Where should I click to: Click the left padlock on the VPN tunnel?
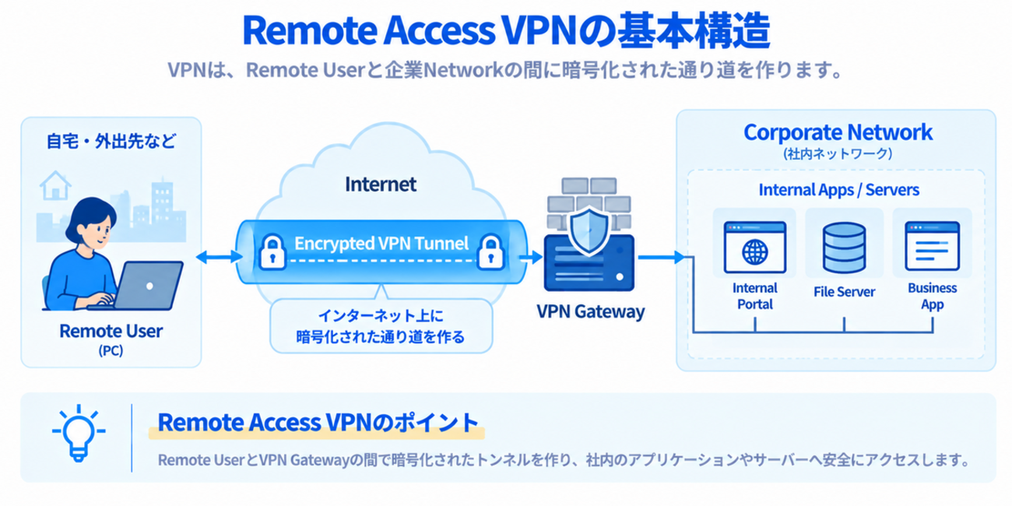tap(272, 251)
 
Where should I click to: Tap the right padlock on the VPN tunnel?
tap(490, 251)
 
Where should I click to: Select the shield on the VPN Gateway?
tap(589, 231)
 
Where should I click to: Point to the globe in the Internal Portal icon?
tap(755, 251)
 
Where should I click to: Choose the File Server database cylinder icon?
tap(844, 248)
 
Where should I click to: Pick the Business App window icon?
tap(932, 246)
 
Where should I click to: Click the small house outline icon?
tap(55, 185)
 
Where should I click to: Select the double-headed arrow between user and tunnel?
tap(219, 257)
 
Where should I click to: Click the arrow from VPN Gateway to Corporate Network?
tap(662, 257)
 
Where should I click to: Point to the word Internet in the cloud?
tap(381, 184)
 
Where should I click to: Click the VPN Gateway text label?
tap(591, 311)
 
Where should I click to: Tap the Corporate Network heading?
tap(838, 132)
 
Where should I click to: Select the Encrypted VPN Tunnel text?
tap(381, 244)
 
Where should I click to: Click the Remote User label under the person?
tap(111, 331)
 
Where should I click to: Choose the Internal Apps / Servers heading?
tap(839, 190)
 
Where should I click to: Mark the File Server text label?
tap(844, 292)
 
